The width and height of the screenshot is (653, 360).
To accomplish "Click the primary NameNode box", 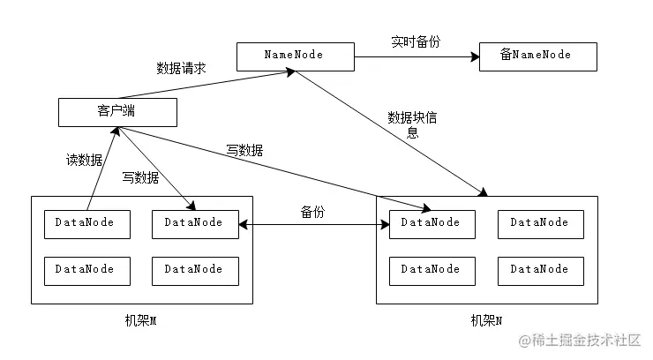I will tap(295, 55).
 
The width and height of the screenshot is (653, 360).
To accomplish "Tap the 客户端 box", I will tap(117, 111).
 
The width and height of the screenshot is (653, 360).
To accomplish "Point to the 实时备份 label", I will tap(415, 41).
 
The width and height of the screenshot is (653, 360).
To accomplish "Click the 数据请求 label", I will tap(181, 67).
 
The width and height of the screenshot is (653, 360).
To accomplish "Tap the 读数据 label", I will tap(85, 160).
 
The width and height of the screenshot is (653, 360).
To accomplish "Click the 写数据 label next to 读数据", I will tap(140, 177).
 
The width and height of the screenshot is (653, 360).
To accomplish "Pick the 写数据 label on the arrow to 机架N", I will tap(244, 150).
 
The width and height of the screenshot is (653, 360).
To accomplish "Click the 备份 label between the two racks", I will tap(313, 212).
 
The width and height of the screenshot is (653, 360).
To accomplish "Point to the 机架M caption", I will tap(140, 320).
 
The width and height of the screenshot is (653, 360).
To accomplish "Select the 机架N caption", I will tap(486, 320).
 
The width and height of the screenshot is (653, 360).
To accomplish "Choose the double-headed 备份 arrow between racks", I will tap(313, 225).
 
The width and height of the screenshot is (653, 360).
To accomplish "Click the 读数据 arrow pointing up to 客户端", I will tap(102, 168).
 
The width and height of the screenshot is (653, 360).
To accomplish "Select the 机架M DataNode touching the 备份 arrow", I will tap(194, 224).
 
